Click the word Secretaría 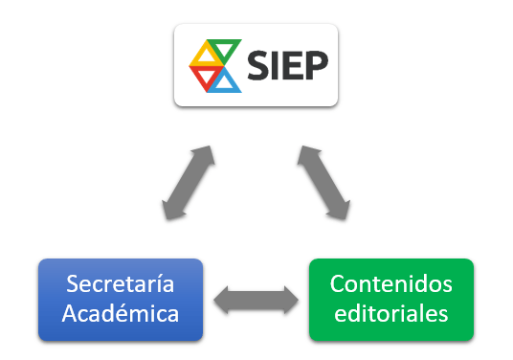click(121, 284)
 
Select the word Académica click(121, 313)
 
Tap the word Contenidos click(390, 284)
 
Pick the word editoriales click(390, 313)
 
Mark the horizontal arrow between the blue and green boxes click(255, 299)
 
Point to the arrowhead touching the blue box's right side click(220, 299)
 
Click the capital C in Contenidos click(337, 284)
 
